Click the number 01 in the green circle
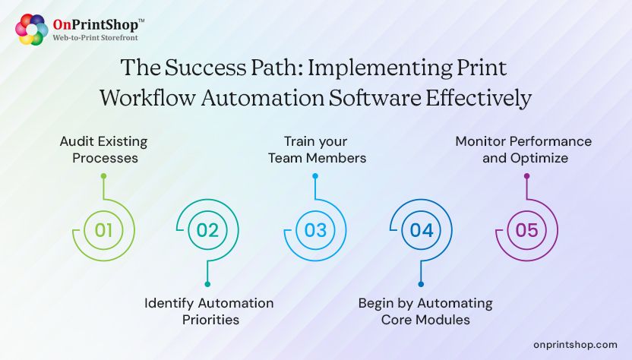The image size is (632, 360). [x=104, y=229]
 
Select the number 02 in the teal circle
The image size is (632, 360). [x=207, y=229]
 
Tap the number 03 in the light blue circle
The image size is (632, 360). [x=315, y=229]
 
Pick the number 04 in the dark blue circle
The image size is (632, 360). [x=421, y=229]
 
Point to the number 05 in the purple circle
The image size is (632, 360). [x=526, y=229]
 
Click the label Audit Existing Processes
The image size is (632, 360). [x=103, y=150]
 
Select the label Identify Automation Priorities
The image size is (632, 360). [x=210, y=311]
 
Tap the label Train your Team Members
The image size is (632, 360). [x=314, y=150]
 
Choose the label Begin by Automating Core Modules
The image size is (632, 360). [x=425, y=311]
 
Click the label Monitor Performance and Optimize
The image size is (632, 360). [x=523, y=150]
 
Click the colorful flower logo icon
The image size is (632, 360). [x=31, y=30]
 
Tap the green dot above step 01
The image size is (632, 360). [x=104, y=176]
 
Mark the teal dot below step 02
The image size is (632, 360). [x=207, y=283]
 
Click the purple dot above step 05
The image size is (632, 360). [x=526, y=176]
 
